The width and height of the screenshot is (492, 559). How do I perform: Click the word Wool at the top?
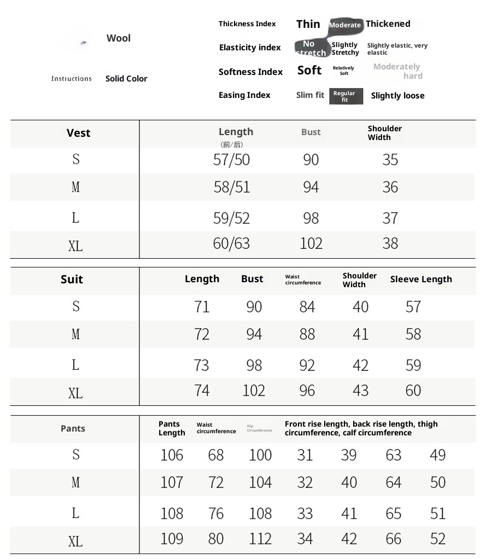[119, 38]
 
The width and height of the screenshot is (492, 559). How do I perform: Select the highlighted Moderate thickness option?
[345, 25]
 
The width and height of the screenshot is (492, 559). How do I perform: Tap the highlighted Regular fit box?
[345, 96]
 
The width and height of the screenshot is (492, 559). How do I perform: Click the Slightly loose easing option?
[397, 96]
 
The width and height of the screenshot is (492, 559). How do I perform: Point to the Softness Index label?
[250, 72]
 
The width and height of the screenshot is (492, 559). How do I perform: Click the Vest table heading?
[79, 133]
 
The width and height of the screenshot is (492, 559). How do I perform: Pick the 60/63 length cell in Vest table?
[231, 243]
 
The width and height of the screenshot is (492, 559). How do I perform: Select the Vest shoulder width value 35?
[390, 160]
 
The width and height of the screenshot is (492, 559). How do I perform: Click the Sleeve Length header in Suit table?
[421, 279]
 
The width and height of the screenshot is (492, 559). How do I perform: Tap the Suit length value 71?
[202, 307]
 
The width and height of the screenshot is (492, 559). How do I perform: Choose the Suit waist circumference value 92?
[307, 365]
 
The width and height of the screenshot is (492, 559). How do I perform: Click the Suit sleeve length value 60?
[413, 391]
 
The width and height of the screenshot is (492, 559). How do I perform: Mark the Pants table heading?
[73, 428]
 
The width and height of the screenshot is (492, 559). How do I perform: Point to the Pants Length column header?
[172, 428]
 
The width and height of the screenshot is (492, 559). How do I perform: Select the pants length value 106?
[172, 455]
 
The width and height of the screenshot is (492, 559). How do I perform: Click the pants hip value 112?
[260, 539]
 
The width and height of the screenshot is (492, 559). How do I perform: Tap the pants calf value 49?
[438, 455]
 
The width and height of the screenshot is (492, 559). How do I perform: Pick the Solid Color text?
[126, 79]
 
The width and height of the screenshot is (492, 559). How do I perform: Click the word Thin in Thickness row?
[308, 24]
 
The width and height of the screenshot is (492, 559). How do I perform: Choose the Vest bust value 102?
[311, 243]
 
